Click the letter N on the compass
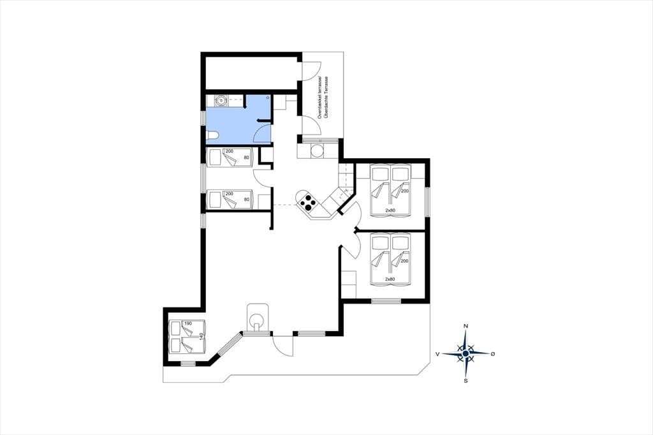466,326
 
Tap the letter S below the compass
466,380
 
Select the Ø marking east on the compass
493,354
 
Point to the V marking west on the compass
437,354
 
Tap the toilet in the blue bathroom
212,135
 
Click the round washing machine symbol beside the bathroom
220,100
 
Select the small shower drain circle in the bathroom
268,97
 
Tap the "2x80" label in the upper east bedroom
390,210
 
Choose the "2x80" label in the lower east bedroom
390,279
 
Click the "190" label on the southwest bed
188,324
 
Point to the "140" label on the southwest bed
201,336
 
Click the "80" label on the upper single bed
247,158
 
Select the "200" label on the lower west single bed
229,194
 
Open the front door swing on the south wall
282,345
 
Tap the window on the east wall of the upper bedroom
427,202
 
